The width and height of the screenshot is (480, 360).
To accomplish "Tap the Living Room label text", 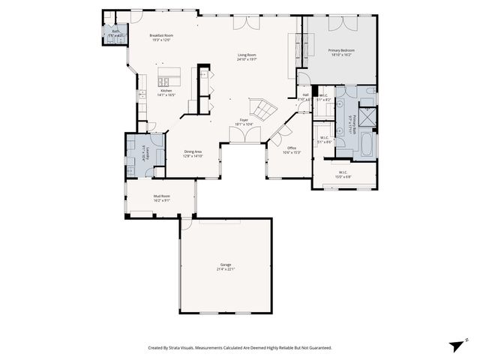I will coord(247,55).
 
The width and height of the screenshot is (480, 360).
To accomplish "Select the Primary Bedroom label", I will coord(341,50).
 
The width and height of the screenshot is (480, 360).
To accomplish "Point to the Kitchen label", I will coord(166,91).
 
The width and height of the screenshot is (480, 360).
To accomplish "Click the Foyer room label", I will coord(244,120).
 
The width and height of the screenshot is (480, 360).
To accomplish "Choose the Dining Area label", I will coord(193,152).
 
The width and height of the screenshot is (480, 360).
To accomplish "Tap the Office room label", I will coord(292,148).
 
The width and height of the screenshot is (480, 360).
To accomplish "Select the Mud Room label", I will coord(161,196).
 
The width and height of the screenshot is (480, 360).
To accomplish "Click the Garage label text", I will coord(225,265).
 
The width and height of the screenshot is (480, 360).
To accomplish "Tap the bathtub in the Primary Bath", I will coord(366,143).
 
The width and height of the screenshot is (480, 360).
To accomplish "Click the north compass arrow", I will coord(457,343).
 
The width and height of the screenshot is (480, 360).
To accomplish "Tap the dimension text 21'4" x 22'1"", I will coord(225,269).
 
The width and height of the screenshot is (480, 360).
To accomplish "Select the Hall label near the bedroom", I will coord(305,94).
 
